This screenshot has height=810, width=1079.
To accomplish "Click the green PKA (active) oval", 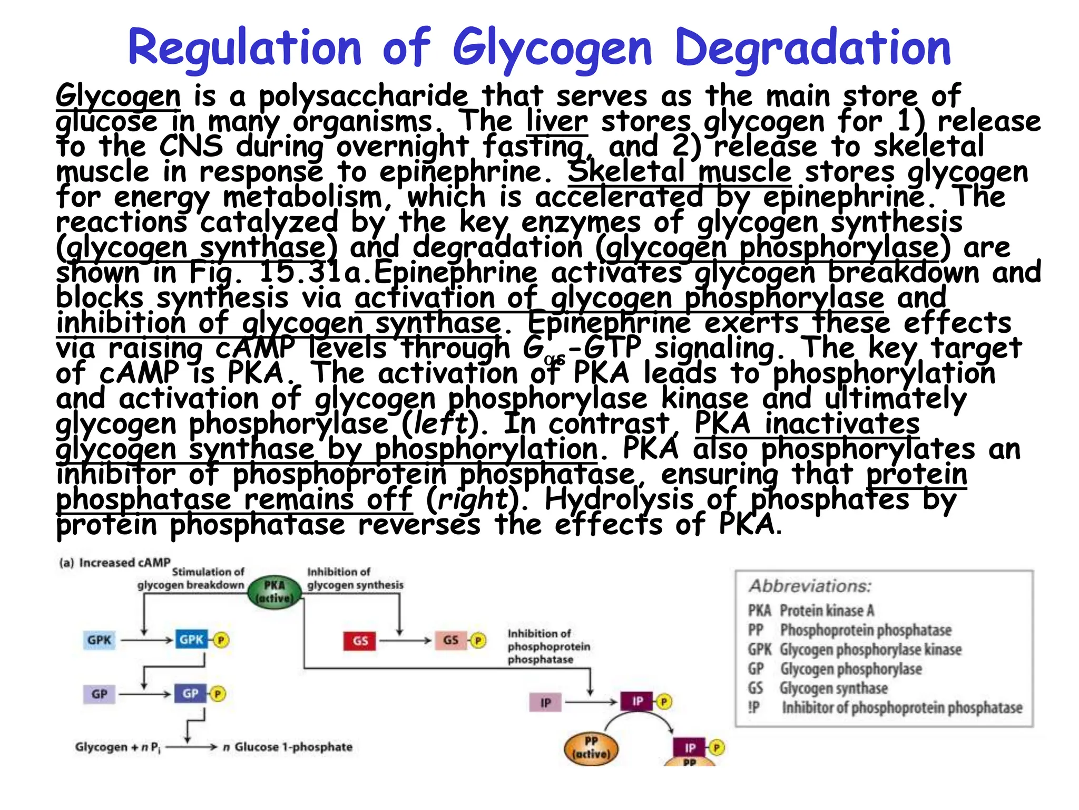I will click(x=274, y=592).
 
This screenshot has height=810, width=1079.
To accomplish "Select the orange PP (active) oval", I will click(x=591, y=748).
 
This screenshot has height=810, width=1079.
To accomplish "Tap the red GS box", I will click(x=360, y=641).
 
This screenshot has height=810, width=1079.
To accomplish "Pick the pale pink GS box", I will click(x=450, y=640).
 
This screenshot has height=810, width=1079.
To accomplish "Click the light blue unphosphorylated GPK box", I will click(x=99, y=640).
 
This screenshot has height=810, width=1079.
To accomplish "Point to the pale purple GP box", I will click(x=99, y=694).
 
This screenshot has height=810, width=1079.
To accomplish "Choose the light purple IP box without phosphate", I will click(x=545, y=702).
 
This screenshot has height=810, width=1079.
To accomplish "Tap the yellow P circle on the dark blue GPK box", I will click(x=221, y=640).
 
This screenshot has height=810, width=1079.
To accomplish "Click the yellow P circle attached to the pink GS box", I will click(x=478, y=640).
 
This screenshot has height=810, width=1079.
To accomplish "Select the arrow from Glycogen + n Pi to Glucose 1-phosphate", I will click(x=191, y=747).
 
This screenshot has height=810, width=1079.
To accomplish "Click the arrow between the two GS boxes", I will click(x=405, y=641).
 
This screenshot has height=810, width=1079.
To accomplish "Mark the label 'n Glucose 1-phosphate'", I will click(x=288, y=747).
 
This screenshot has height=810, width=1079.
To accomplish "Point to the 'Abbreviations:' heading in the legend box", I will click(x=810, y=586).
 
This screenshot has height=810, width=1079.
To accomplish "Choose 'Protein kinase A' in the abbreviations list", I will click(x=827, y=611).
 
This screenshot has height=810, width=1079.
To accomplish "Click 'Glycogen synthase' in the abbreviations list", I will click(x=833, y=688).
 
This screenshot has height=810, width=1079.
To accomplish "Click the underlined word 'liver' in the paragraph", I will click(x=557, y=121).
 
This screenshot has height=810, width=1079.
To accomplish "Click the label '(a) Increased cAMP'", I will click(x=115, y=563).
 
